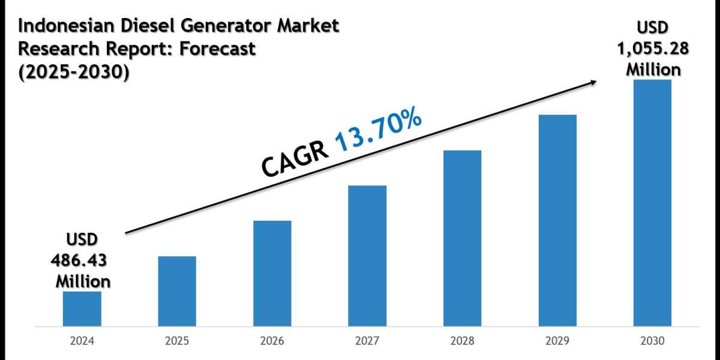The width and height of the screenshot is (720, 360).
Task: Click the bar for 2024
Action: (82, 309)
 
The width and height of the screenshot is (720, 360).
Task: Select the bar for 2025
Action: (177, 292)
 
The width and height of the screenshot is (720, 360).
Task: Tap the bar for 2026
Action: (272, 274)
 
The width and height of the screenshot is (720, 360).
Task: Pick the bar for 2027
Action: (367, 256)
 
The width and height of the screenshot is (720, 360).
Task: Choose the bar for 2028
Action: (462, 238)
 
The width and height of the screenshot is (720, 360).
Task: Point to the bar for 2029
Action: (557, 221)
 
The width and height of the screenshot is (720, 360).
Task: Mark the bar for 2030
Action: (652, 203)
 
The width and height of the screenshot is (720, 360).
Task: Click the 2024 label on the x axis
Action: (82, 341)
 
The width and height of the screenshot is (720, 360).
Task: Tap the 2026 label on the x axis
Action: (272, 341)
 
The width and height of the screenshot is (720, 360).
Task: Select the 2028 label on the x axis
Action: (462, 341)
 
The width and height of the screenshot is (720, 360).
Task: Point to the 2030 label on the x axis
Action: (652, 341)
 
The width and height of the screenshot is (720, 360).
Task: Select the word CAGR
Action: (296, 158)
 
